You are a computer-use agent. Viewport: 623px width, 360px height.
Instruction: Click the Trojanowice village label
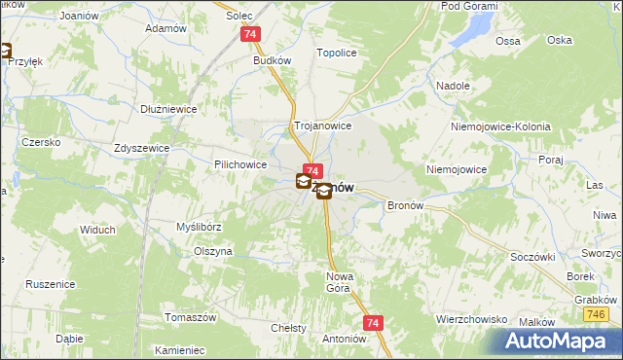(322, 126)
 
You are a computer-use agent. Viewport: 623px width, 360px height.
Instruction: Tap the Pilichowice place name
(240, 165)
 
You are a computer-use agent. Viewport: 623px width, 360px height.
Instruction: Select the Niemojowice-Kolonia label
(500, 127)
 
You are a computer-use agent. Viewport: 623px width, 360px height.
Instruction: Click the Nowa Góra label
(337, 282)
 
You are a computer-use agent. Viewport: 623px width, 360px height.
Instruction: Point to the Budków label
(273, 60)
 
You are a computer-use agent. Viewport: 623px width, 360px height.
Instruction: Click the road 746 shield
(597, 315)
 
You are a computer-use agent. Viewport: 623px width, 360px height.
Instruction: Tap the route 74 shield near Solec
(251, 34)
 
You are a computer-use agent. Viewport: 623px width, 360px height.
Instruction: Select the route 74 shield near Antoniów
(372, 321)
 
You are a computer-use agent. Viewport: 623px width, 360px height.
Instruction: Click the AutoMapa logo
(558, 341)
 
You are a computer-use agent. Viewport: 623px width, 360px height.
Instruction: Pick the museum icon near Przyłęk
(5, 52)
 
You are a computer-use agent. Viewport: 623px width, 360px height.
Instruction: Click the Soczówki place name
(531, 257)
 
